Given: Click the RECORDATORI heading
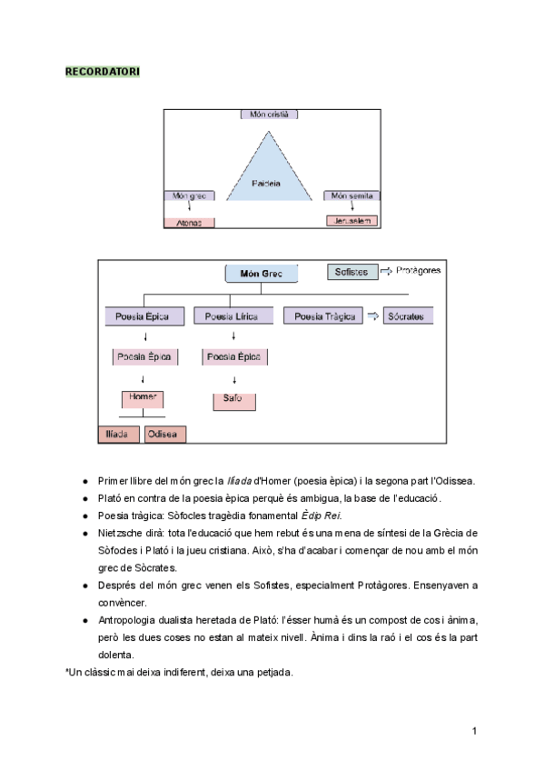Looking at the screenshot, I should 103,72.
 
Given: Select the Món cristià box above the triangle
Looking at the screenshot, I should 269,115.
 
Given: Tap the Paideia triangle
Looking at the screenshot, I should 267,173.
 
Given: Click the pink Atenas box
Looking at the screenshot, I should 189,222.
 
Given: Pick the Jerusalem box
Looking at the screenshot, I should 352,221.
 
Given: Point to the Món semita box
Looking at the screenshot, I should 352,195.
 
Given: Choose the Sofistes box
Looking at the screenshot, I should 352,272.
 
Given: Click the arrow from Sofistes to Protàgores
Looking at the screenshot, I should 385,271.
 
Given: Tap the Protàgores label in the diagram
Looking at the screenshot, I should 419,271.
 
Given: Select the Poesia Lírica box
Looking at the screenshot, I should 226,316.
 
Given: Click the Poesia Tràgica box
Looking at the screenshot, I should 322,316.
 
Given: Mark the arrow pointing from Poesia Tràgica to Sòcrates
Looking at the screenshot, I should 372,316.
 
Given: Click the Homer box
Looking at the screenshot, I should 144,398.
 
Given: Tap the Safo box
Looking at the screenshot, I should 233,400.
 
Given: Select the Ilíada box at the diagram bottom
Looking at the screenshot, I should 119,435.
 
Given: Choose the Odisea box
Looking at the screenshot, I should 164,435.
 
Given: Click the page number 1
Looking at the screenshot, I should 474,731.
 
